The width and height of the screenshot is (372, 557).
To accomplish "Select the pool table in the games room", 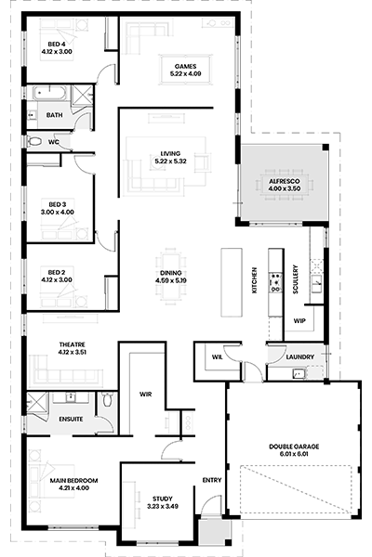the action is click(185, 70).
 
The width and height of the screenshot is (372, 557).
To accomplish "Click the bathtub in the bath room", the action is click(50, 93).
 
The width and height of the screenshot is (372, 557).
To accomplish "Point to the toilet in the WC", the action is click(35, 142).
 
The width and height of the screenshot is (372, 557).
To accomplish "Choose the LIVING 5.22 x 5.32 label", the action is click(170, 158).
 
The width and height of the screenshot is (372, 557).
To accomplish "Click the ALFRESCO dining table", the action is click(285, 185).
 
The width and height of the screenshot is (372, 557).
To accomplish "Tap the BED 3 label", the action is click(58, 204).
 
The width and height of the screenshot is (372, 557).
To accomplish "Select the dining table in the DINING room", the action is click(171, 277).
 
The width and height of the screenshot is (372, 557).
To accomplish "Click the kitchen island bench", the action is click(232, 282).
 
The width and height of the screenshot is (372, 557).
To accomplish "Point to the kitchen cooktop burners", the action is click(275, 282).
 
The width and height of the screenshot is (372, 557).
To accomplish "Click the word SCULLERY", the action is click(295, 279).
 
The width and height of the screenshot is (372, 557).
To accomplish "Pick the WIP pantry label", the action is click(299, 321).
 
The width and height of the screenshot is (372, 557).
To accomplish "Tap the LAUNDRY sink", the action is click(299, 373).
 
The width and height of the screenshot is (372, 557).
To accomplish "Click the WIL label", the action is click(217, 357).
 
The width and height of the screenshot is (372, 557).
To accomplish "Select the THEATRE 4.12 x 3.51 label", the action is click(73, 348).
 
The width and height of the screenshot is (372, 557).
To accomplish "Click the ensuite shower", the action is click(37, 403).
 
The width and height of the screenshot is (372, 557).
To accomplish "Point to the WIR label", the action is click(145, 395).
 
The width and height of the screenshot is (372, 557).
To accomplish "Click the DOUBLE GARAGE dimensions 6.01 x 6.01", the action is click(294, 454).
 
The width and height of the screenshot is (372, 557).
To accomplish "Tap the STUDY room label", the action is click(163, 499).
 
